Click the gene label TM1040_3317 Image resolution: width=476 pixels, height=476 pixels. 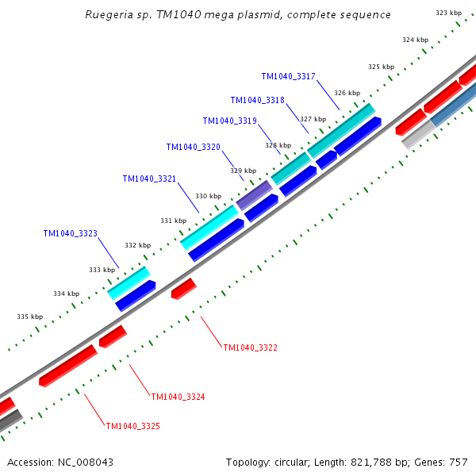289,76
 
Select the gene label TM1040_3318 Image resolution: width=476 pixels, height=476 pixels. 258,100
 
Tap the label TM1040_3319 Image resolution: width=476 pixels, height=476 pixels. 230,121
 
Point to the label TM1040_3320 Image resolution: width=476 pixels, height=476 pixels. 194,147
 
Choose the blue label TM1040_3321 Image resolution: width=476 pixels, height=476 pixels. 150,178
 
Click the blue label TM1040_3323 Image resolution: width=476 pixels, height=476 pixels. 71,233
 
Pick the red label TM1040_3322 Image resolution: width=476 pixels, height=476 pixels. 251,347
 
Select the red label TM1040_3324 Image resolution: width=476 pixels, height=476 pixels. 178,397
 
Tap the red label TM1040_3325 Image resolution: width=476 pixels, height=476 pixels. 133,426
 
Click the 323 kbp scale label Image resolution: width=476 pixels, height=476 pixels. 449,13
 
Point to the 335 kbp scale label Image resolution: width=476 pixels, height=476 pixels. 29,317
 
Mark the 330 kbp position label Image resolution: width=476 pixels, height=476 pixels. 208,196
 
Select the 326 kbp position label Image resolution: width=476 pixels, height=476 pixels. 347,93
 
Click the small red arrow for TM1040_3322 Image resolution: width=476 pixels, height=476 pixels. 183,289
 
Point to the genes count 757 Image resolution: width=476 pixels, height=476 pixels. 459,462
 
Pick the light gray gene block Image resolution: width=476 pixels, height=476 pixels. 416,136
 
